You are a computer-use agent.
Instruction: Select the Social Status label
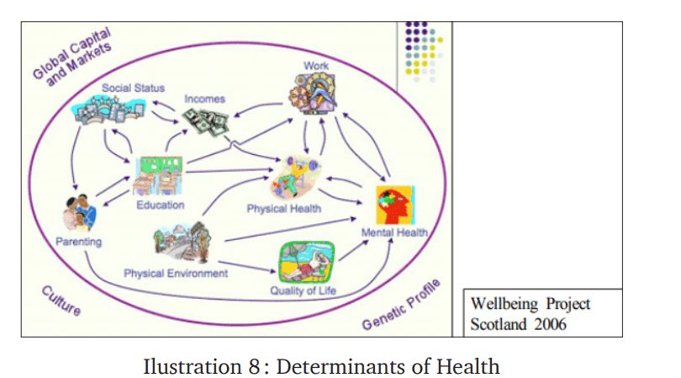(133, 88)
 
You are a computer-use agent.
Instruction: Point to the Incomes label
(205, 98)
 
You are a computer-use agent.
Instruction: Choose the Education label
(160, 205)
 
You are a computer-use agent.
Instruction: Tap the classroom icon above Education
(159, 174)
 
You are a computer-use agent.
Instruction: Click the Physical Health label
(283, 209)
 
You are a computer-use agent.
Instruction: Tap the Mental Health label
(394, 232)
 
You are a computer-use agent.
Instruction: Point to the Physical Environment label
(175, 274)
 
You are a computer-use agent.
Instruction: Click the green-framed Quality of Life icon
(308, 262)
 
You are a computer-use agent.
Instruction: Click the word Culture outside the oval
(62, 301)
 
